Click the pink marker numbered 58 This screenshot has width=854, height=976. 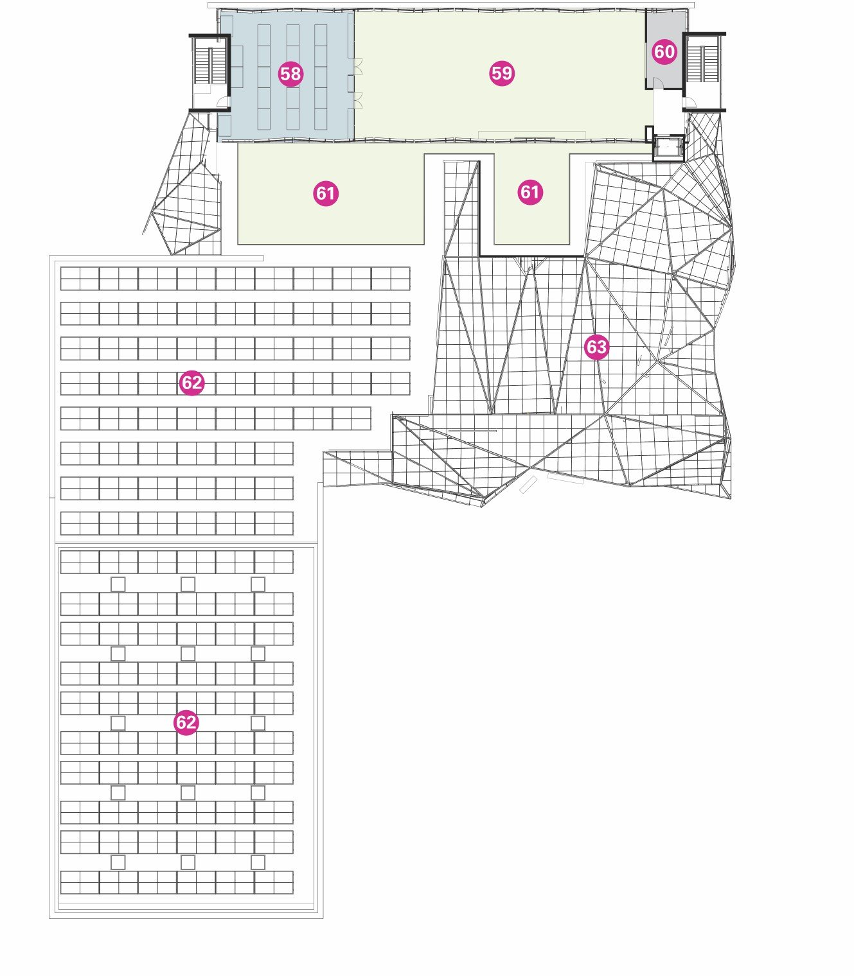[290, 74]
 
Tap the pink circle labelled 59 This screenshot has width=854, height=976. [501, 73]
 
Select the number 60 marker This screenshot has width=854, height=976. [664, 51]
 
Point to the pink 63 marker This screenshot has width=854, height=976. [596, 347]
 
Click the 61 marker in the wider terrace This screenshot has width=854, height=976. [326, 193]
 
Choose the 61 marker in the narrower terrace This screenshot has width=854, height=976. [530, 192]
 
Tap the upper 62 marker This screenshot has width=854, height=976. [191, 383]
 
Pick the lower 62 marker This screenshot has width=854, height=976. [186, 722]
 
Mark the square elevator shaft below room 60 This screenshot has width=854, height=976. [668, 148]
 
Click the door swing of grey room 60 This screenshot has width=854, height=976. [659, 83]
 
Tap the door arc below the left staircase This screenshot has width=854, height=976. [222, 101]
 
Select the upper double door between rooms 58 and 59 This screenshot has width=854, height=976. [357, 67]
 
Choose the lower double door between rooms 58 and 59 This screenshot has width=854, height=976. [357, 100]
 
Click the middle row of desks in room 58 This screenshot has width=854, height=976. [292, 77]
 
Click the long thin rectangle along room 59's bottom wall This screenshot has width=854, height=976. [531, 134]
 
